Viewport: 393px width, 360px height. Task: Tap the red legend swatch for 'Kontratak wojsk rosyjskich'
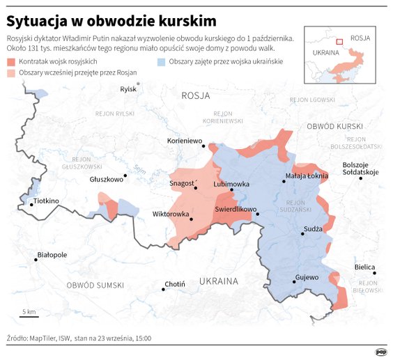10,62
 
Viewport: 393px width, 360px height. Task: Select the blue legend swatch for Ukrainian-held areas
161,62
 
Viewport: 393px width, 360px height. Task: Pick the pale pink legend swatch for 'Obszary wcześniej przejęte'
10,72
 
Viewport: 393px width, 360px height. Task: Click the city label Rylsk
128,89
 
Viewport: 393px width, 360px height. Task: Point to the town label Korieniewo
185,141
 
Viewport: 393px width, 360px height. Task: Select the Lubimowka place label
231,185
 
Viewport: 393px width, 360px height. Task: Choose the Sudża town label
313,228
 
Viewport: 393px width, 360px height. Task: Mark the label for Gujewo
307,276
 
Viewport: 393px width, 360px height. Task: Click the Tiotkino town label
47,201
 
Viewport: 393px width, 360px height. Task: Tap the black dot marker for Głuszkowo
125,176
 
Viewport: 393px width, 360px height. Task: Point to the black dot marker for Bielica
374,274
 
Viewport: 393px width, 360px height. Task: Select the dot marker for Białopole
36,260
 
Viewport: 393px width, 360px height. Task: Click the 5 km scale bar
29,315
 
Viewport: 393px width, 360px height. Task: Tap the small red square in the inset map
339,42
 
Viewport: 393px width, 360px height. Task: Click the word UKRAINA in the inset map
325,52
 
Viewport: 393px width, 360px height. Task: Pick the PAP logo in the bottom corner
381,352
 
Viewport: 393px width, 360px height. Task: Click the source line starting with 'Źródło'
78,338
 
